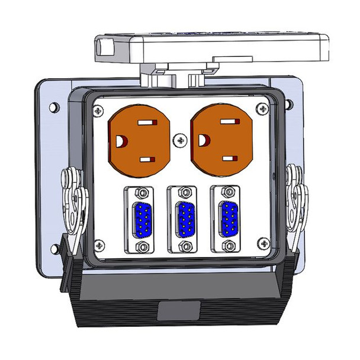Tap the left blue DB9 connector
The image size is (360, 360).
[142, 219]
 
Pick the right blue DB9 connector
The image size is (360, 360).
[228, 219]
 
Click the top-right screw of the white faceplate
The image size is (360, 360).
[262, 108]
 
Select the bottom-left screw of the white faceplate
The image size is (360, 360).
[99, 243]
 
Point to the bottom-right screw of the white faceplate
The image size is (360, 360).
[262, 243]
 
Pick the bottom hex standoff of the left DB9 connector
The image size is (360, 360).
[143, 246]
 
